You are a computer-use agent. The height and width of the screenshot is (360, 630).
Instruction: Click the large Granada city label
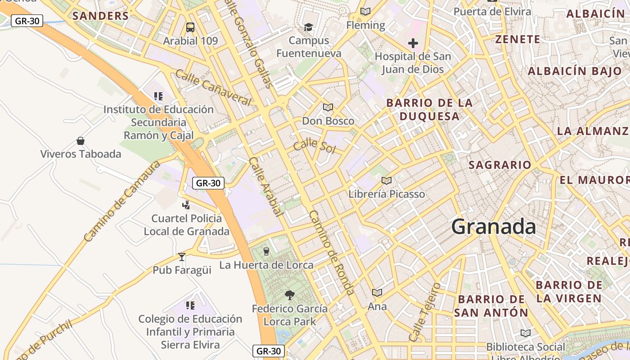point(494,226)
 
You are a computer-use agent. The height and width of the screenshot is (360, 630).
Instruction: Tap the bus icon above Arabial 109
point(190,27)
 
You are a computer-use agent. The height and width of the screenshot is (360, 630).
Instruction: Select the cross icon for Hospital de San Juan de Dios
point(413,43)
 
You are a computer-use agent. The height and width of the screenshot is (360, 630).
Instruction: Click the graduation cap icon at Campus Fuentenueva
point(308,27)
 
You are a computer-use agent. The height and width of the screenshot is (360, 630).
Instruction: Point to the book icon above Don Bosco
point(328,107)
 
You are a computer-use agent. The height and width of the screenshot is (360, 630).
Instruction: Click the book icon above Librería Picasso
point(386,180)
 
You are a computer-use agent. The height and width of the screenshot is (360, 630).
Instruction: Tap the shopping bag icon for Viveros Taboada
point(81,141)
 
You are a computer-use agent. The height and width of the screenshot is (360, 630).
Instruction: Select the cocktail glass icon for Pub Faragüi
point(182,256)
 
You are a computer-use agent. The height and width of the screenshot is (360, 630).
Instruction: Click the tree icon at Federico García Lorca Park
point(290,295)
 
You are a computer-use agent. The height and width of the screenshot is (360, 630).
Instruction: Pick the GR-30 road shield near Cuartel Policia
point(208,183)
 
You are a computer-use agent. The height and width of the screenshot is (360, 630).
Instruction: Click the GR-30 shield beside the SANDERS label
point(27,21)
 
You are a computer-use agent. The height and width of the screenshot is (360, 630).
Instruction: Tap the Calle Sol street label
point(315,146)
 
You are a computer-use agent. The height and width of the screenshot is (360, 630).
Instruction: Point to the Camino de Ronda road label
point(332,252)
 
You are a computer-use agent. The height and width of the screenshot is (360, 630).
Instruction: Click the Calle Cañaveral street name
point(213,87)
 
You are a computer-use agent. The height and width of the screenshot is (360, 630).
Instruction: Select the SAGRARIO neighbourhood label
point(500,165)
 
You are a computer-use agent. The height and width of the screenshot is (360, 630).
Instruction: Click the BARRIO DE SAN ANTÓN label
point(491,306)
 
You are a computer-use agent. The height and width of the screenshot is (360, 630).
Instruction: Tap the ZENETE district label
point(517,39)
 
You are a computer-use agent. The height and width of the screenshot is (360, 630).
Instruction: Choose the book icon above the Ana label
point(377,292)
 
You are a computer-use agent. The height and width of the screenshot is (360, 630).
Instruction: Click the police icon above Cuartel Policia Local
point(186,205)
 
